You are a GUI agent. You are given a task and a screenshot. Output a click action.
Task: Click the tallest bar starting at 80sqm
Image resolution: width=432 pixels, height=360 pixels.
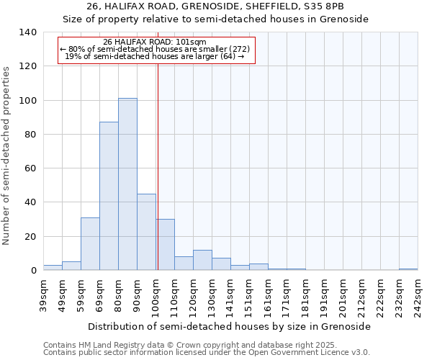tap(127, 184)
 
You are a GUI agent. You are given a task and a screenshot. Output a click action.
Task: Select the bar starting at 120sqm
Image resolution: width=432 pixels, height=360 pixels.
tap(202, 260)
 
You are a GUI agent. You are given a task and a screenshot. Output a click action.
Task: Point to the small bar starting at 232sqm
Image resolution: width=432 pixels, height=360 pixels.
tap(408, 269)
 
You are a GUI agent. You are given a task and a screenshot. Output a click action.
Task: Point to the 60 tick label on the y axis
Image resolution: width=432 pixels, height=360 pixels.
tap(30, 168)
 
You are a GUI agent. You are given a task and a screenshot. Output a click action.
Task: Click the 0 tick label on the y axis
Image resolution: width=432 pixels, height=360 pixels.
tap(33, 271)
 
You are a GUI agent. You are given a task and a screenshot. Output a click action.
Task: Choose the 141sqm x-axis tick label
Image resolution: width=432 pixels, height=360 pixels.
tap(230, 296)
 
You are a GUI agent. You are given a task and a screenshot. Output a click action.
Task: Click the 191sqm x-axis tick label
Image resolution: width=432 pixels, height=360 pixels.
tap(324, 296)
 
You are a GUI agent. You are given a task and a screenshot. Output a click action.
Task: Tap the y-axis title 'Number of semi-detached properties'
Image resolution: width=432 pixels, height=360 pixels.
tap(7, 155)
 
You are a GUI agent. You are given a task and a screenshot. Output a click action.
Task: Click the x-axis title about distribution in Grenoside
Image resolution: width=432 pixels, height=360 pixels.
tap(230, 326)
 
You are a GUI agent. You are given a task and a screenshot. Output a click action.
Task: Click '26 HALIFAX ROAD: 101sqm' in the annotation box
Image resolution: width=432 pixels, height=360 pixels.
tap(155, 42)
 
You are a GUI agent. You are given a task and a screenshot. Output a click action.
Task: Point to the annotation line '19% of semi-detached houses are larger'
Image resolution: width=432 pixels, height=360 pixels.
tap(155, 56)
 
